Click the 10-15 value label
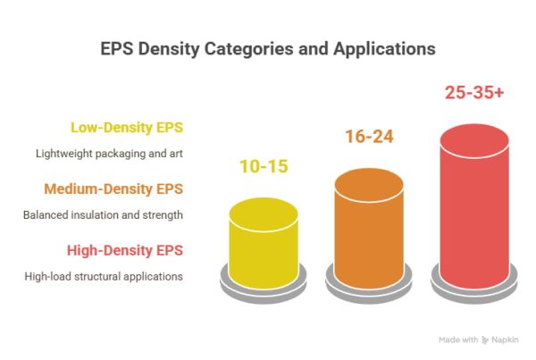click(x=264, y=165)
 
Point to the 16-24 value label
click(x=369, y=137)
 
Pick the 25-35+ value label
click(x=474, y=92)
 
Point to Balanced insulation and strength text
click(x=104, y=215)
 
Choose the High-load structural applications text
click(x=104, y=276)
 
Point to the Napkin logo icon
click(x=484, y=340)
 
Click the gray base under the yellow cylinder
click(x=264, y=283)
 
